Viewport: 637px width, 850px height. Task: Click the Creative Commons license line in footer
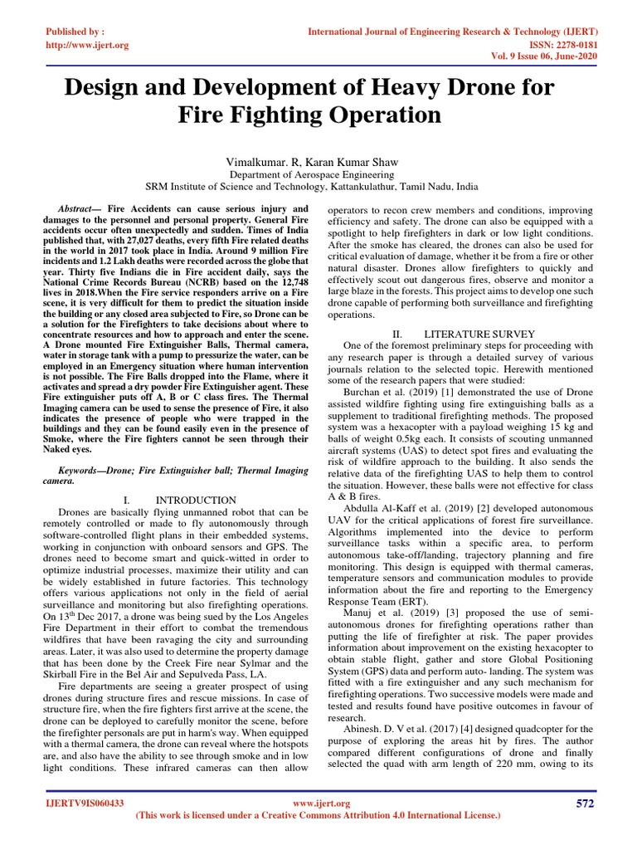pos(318,817)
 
